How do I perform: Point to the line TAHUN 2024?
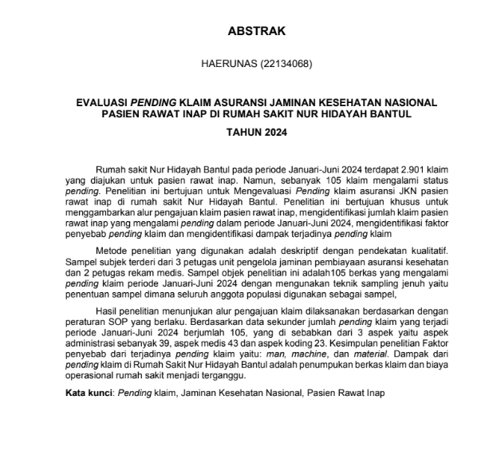pyautogui.click(x=244, y=133)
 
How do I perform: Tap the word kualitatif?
pyautogui.click(x=404, y=250)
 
